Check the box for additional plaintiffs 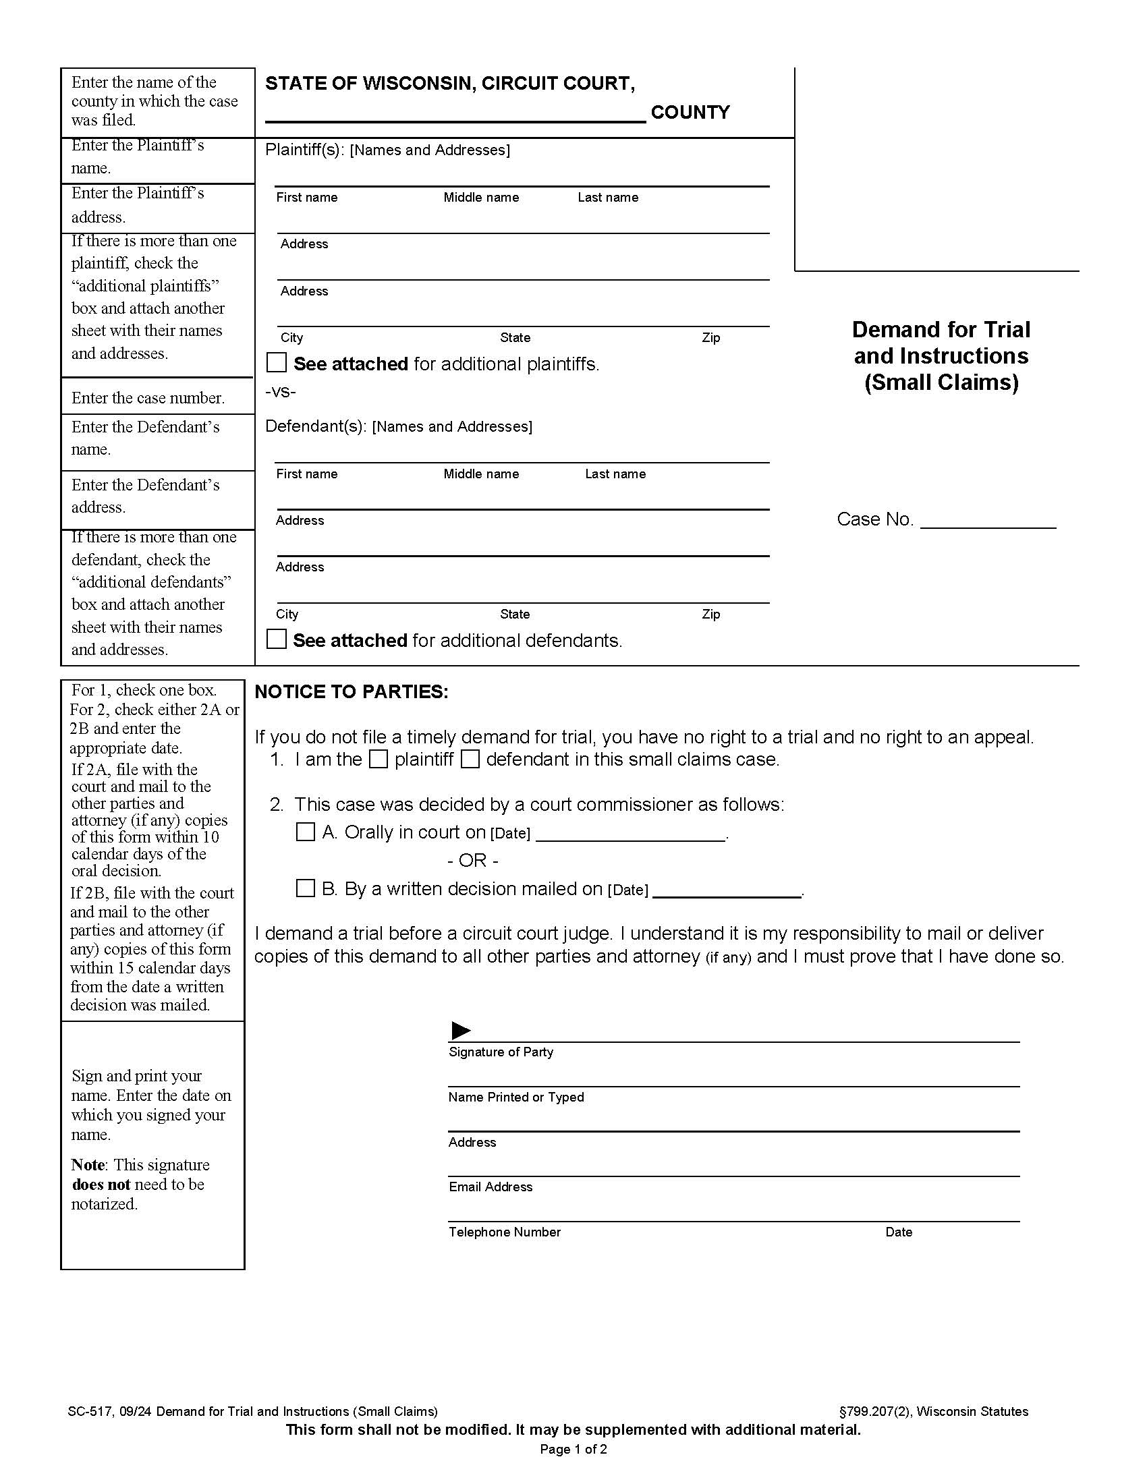(x=276, y=363)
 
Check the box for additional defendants (x=276, y=639)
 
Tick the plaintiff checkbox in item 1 (x=379, y=759)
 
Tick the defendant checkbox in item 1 (x=470, y=759)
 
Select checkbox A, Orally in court (x=306, y=832)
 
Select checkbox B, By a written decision (x=306, y=888)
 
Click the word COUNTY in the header (x=690, y=112)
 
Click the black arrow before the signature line (x=461, y=1031)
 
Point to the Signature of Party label (x=501, y=1052)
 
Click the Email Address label (x=490, y=1187)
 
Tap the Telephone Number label (x=504, y=1232)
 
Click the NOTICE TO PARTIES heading (x=352, y=691)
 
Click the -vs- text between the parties (x=280, y=392)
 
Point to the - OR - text (x=472, y=860)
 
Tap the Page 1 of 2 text (x=573, y=1450)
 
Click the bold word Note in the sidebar (x=88, y=1165)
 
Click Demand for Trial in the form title (x=941, y=330)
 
